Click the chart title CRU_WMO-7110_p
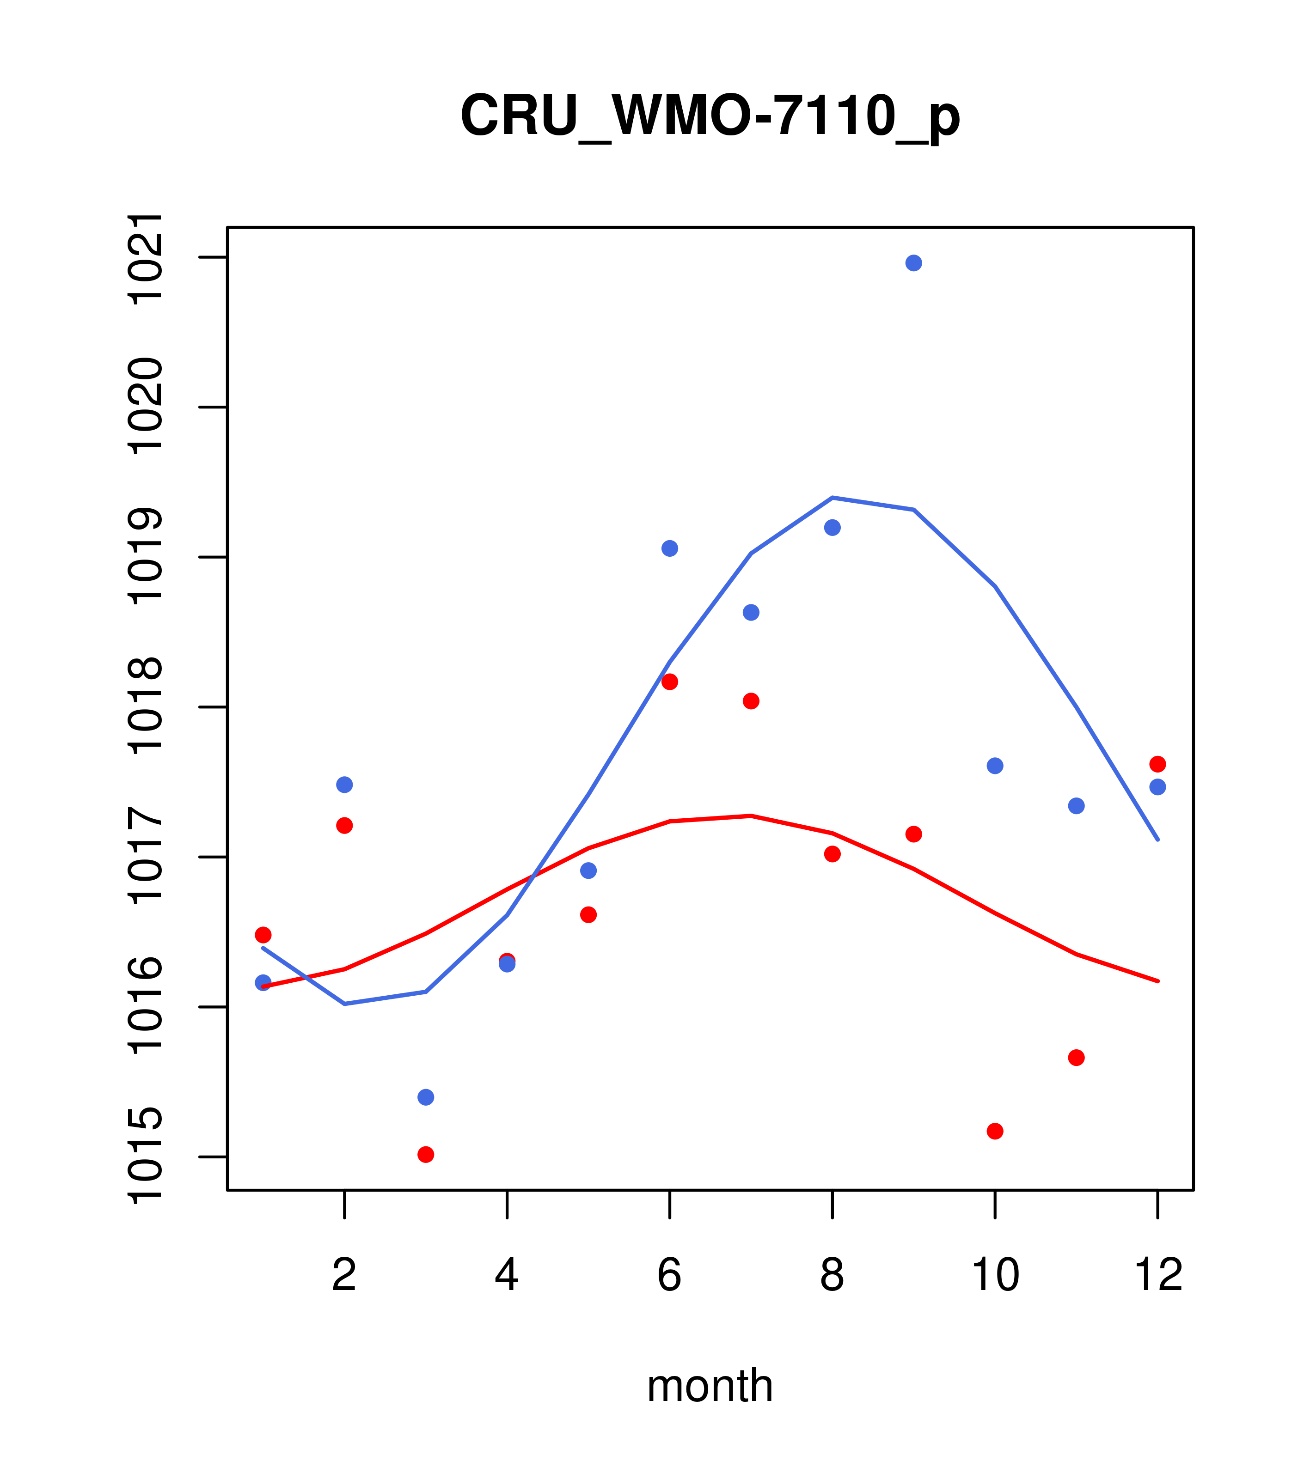[x=710, y=116]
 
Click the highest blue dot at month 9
[x=913, y=263]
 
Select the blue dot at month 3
[x=426, y=1097]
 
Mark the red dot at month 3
[x=426, y=1155]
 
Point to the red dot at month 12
[x=1158, y=764]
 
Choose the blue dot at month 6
[x=670, y=548]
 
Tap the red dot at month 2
[x=345, y=825]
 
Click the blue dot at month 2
[x=345, y=784]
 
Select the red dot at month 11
[x=1077, y=1057]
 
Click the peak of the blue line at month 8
[x=832, y=497]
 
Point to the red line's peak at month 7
[x=751, y=816]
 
